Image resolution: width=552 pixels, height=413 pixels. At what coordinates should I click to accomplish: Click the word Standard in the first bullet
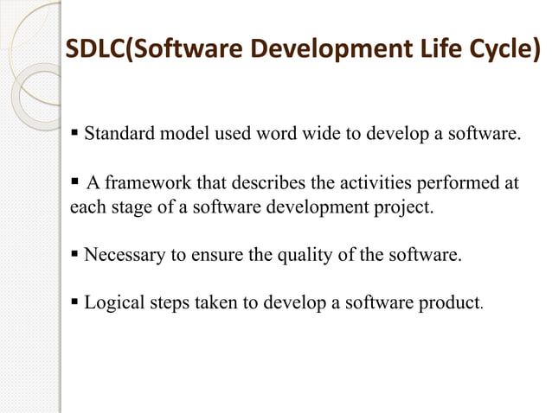tap(119, 135)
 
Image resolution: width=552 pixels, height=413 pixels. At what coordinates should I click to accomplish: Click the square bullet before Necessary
tap(75, 256)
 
